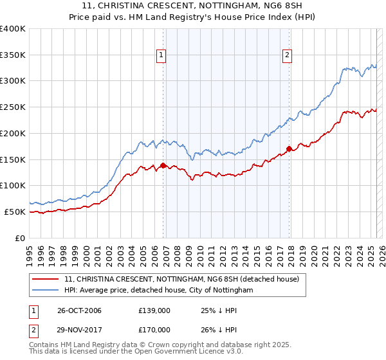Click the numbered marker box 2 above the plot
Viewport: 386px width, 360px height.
coord(286,55)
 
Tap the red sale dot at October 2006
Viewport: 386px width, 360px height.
coord(163,165)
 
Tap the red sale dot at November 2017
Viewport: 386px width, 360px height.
coord(289,149)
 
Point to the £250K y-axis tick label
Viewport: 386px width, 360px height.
coord(13,107)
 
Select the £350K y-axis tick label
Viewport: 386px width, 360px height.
coord(13,55)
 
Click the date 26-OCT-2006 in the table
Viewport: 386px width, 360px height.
coord(79,310)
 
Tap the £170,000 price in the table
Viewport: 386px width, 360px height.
coord(154,329)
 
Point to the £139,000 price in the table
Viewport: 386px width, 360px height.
coord(154,310)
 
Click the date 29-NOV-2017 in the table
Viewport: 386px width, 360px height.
coord(79,329)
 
